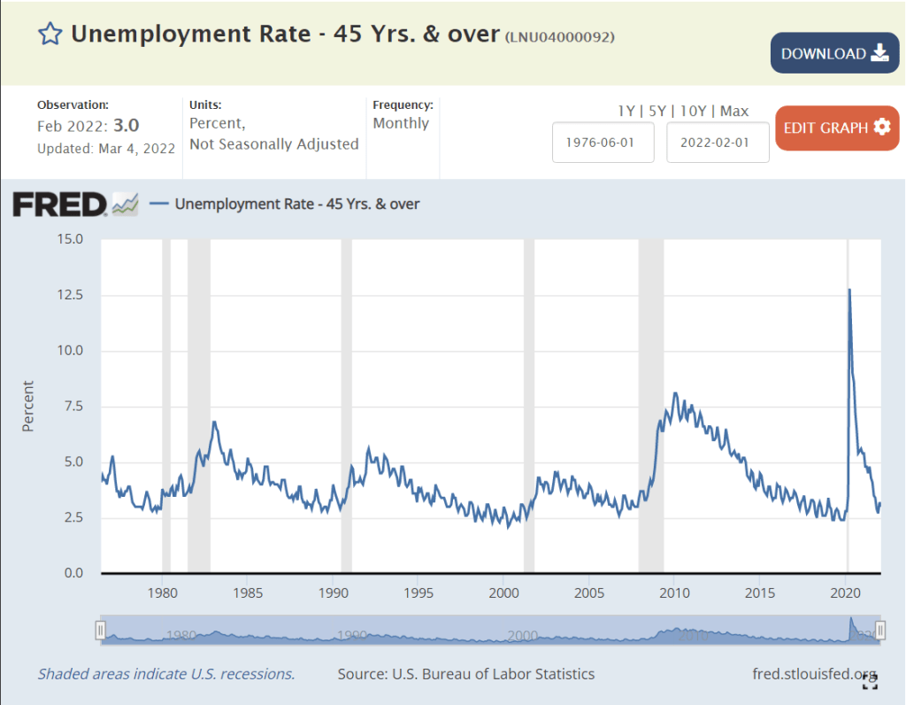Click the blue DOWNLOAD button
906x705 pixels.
click(834, 53)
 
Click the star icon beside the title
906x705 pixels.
click(50, 35)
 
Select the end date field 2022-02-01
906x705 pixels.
click(718, 143)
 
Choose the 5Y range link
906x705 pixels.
click(657, 111)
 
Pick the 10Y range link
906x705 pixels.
click(695, 111)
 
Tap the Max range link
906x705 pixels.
click(734, 111)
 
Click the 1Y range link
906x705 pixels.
click(626, 111)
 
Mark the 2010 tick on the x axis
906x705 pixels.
click(674, 592)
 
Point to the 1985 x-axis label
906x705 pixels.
click(248, 592)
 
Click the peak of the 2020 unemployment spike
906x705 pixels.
click(849, 290)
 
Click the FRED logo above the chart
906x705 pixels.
click(59, 205)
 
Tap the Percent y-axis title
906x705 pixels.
click(27, 406)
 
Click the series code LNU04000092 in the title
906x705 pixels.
click(559, 36)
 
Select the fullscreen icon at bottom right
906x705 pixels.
click(870, 680)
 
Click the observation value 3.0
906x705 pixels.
click(127, 125)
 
